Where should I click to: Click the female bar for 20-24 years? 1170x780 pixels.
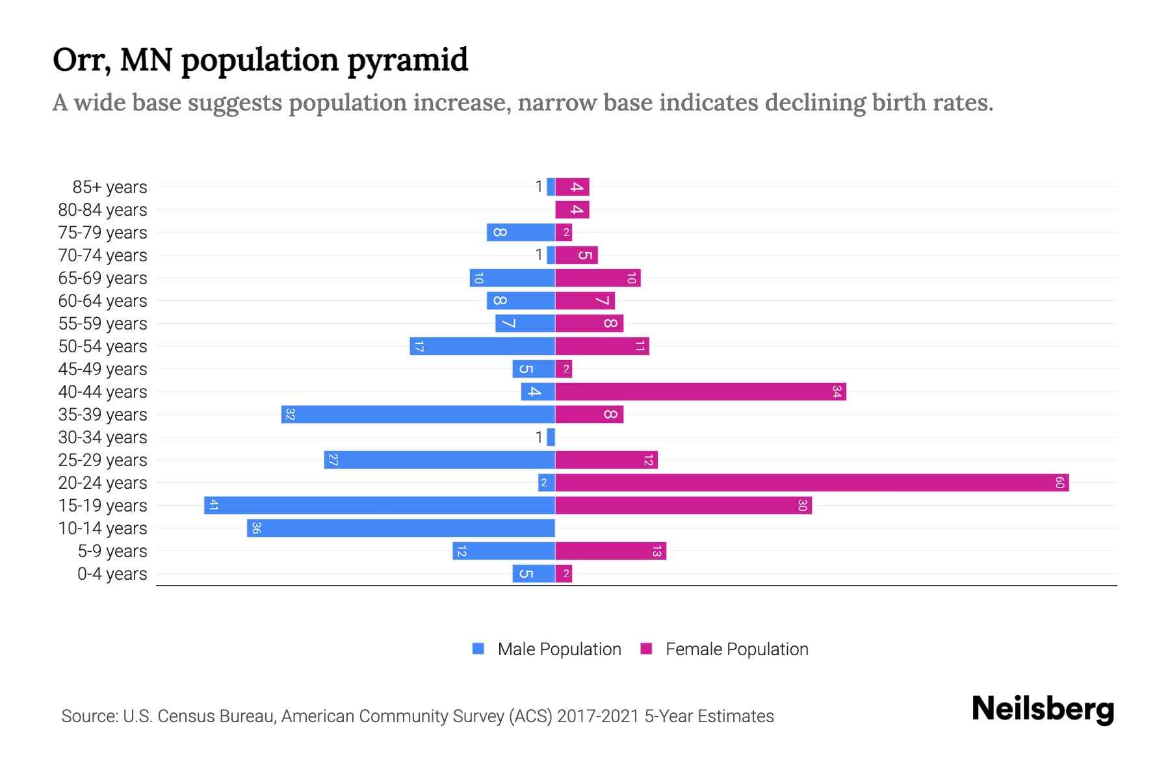coord(811,482)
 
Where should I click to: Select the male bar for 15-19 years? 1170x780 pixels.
coord(380,505)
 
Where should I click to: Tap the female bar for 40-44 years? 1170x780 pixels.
coord(700,391)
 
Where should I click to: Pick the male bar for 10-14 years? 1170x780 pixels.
coord(401,528)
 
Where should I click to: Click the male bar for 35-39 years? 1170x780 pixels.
coord(418,414)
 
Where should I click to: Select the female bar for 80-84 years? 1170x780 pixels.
coord(572,209)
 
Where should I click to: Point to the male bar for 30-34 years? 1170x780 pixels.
coord(551,437)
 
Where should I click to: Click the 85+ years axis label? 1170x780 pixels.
coord(110,187)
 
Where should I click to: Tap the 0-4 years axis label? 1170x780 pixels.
coord(112,574)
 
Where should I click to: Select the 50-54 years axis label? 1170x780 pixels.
coord(103,346)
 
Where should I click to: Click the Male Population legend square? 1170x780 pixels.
coord(478,649)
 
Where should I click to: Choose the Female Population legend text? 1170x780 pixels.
coord(736,649)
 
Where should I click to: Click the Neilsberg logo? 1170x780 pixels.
coord(1043,709)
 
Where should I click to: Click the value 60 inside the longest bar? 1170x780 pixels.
coord(1059,482)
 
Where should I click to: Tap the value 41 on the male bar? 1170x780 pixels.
coord(213,505)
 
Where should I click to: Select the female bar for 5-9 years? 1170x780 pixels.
coord(610,551)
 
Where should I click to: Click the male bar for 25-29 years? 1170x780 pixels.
coord(439,460)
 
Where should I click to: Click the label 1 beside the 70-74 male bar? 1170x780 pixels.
coord(538,255)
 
